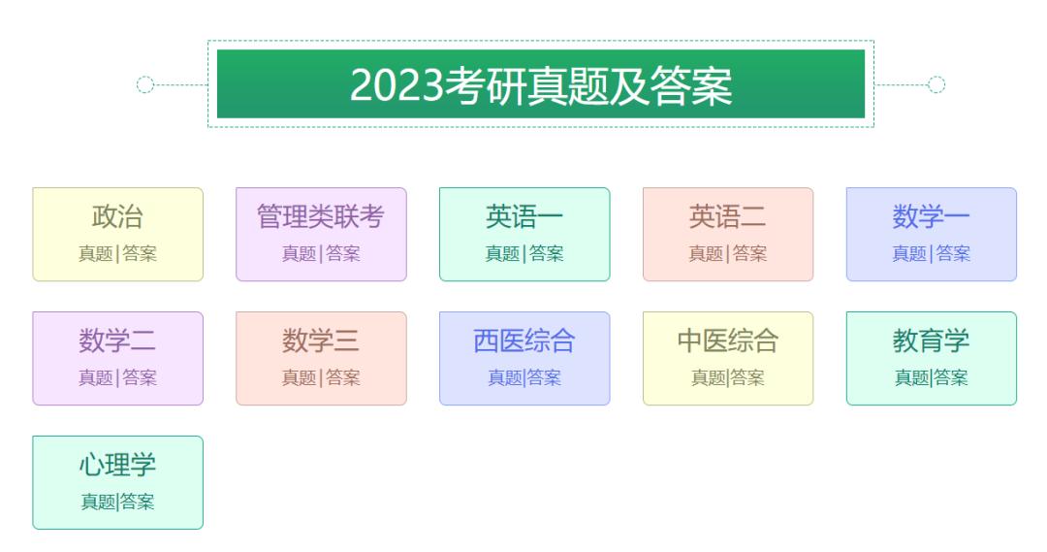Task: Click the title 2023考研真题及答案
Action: click(x=541, y=85)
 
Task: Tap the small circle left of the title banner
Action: click(x=145, y=84)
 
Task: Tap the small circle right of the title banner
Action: click(x=936, y=84)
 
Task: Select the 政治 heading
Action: click(x=117, y=216)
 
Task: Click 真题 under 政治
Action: click(x=96, y=254)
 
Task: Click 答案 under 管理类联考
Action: click(x=342, y=254)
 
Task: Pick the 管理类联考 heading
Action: click(x=321, y=216)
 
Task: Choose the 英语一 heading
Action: click(x=524, y=216)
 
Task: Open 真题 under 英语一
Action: click(x=503, y=254)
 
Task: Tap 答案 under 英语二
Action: click(x=749, y=254)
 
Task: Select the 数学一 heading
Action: click(x=932, y=216)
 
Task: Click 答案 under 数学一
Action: click(x=953, y=254)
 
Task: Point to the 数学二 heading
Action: click(x=117, y=341)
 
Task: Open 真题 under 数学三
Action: click(x=300, y=378)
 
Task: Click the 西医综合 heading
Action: click(x=524, y=341)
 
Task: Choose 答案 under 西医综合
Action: click(x=544, y=378)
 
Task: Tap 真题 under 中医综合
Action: click(x=709, y=378)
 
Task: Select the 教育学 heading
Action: click(x=932, y=341)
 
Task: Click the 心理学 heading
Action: click(x=117, y=465)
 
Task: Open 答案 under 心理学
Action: click(x=137, y=503)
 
